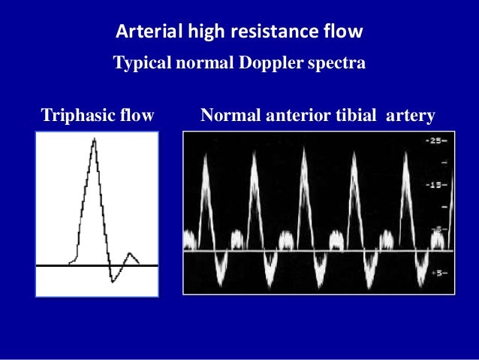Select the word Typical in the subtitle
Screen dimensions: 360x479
pyautogui.click(x=142, y=63)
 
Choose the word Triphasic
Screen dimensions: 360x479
pyautogui.click(x=75, y=116)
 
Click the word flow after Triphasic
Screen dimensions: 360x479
pyautogui.click(x=136, y=116)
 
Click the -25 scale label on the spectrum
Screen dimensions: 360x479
pyautogui.click(x=437, y=141)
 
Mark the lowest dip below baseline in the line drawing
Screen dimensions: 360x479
pyautogui.click(x=113, y=280)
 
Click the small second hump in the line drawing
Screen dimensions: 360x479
pyautogui.click(x=131, y=254)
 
